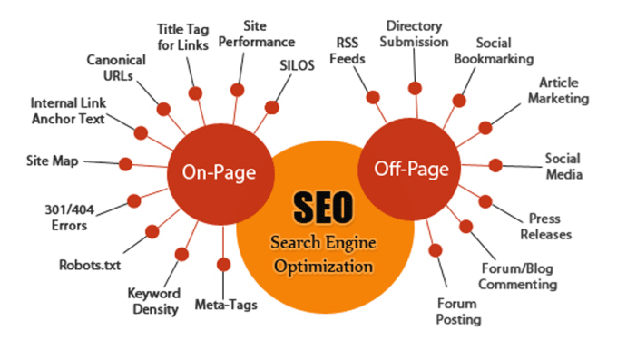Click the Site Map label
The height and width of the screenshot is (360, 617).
coord(54,161)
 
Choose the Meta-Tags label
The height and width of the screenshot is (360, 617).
coord(227,305)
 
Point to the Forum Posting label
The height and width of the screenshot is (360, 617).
coord(459,311)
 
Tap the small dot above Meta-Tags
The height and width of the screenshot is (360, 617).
coord(222,264)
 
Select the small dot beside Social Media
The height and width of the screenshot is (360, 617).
coord(495,165)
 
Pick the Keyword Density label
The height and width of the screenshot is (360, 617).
coord(153,302)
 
